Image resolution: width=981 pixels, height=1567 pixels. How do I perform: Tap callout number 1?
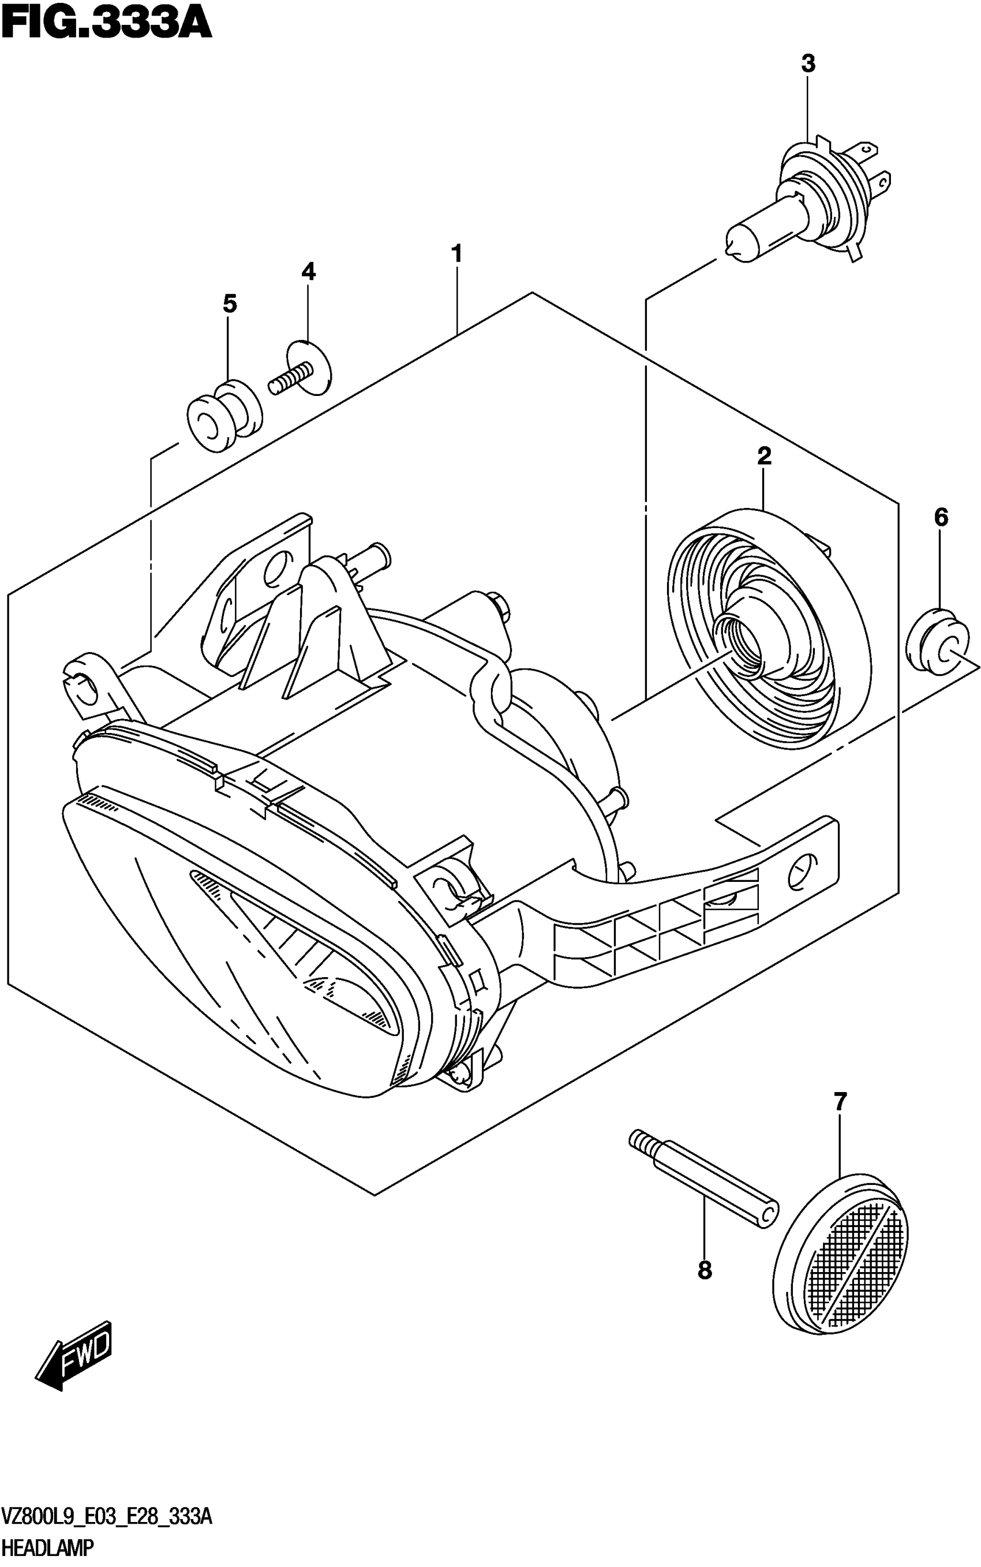[x=457, y=254]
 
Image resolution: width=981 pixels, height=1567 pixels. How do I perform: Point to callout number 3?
[x=808, y=63]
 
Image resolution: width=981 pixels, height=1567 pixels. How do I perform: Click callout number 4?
[x=308, y=271]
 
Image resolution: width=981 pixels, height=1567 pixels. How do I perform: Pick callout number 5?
[x=230, y=304]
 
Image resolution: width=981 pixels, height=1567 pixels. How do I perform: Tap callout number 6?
[x=941, y=517]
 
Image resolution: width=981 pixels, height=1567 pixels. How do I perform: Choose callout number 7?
[x=840, y=1101]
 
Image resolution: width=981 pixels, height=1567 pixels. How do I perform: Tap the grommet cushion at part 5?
[x=224, y=416]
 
